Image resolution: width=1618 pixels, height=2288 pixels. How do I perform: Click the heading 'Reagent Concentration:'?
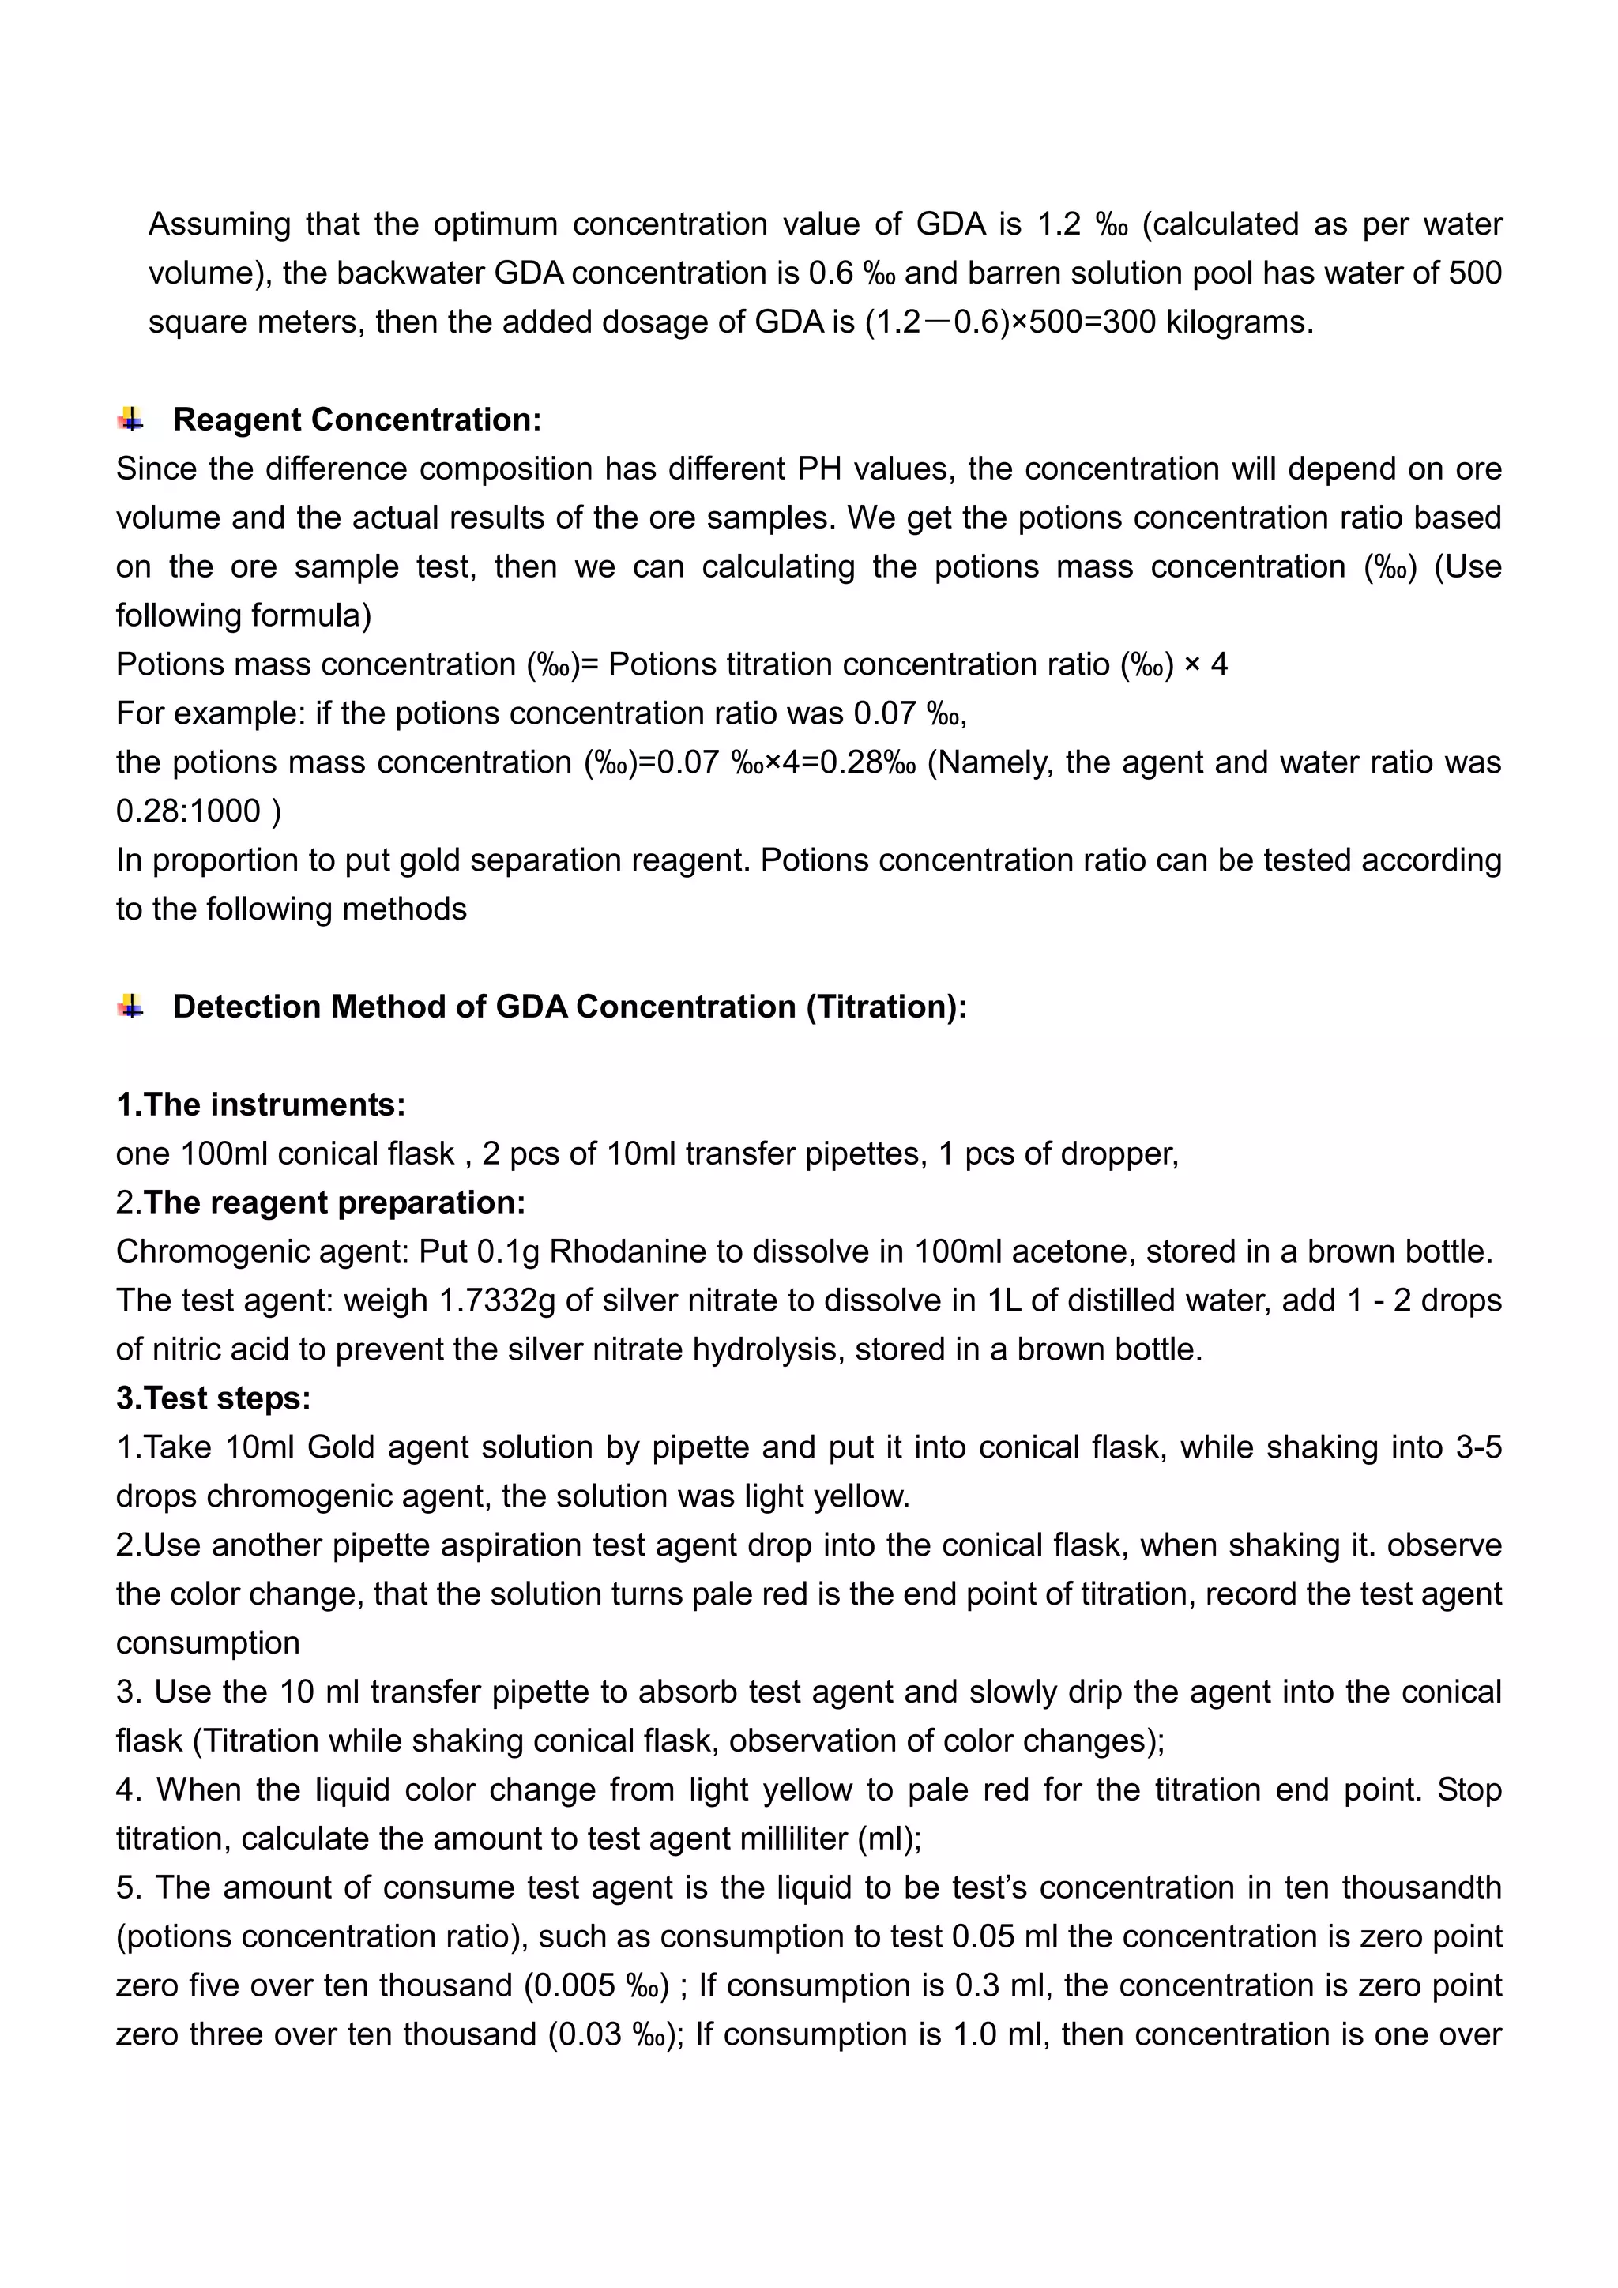tap(356, 420)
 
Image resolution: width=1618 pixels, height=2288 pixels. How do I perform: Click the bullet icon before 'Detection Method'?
tap(130, 1007)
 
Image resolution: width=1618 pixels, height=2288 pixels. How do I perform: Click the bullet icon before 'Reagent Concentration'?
tap(130, 420)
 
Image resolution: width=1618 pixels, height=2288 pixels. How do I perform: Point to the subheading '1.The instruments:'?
tap(261, 1104)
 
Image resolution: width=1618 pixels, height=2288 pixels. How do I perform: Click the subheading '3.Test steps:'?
tap(213, 1398)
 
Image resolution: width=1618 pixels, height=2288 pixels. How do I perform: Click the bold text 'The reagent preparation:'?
tap(335, 1202)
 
